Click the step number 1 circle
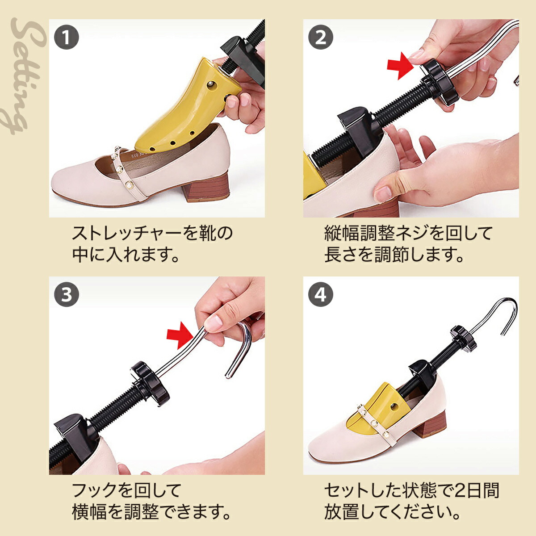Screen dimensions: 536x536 [66, 37]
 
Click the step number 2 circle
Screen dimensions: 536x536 [321, 37]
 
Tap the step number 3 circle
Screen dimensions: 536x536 [66, 294]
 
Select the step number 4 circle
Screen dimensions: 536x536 [321, 294]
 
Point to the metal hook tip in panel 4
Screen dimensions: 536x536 [502, 333]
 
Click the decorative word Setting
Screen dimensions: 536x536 [25, 75]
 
